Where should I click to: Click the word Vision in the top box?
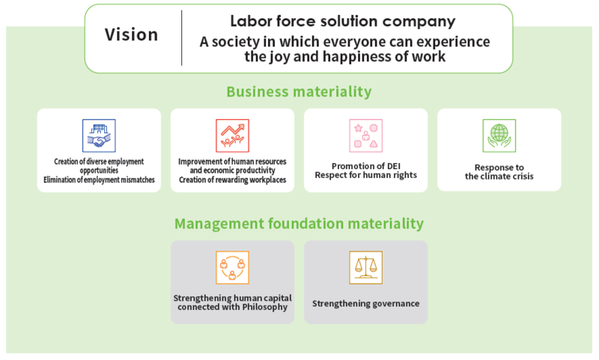131,34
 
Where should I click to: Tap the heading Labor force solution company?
343,21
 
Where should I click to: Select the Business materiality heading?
299,91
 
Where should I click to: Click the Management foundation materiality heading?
299,223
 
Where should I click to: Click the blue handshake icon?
99,135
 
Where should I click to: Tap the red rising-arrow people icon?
232,135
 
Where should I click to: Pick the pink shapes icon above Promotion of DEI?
365,135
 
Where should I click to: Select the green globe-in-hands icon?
499,135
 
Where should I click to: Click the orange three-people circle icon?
232,267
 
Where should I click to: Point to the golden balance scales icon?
365,267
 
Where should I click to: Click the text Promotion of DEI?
366,166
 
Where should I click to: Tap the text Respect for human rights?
366,175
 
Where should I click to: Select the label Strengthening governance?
365,304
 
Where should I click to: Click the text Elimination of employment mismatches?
99,180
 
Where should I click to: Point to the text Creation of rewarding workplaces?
232,180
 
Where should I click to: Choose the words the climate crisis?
499,177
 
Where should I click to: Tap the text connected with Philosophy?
232,307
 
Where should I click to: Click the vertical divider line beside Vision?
182,37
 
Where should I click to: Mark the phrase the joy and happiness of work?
344,56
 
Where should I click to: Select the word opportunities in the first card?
99,170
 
